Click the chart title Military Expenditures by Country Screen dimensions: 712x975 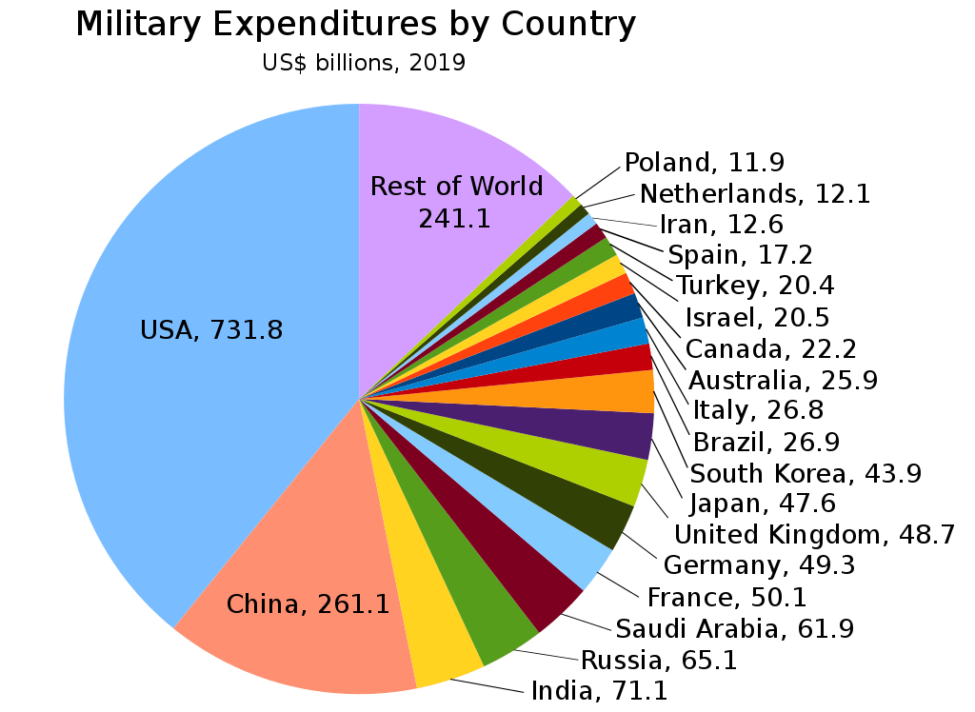(x=355, y=24)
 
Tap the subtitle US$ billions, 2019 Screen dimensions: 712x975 (x=364, y=64)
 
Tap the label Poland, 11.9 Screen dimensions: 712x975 (x=705, y=163)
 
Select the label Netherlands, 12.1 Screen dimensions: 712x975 (x=755, y=194)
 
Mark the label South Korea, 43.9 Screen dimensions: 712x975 (x=806, y=473)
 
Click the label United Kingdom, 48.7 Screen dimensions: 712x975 (x=814, y=535)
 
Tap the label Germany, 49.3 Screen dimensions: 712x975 (x=759, y=565)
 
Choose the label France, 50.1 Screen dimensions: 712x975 (x=726, y=597)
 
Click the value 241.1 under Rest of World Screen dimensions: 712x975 (x=454, y=218)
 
